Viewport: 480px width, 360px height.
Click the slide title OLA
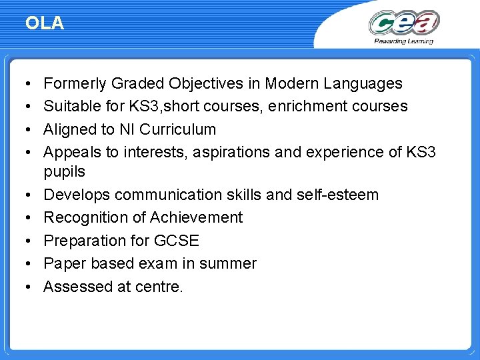point(45,23)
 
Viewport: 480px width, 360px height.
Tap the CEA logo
point(404,23)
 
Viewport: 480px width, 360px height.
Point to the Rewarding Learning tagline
point(403,41)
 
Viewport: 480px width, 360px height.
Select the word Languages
point(363,83)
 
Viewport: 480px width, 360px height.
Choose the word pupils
point(64,172)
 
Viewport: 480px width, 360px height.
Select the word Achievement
point(196,217)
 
